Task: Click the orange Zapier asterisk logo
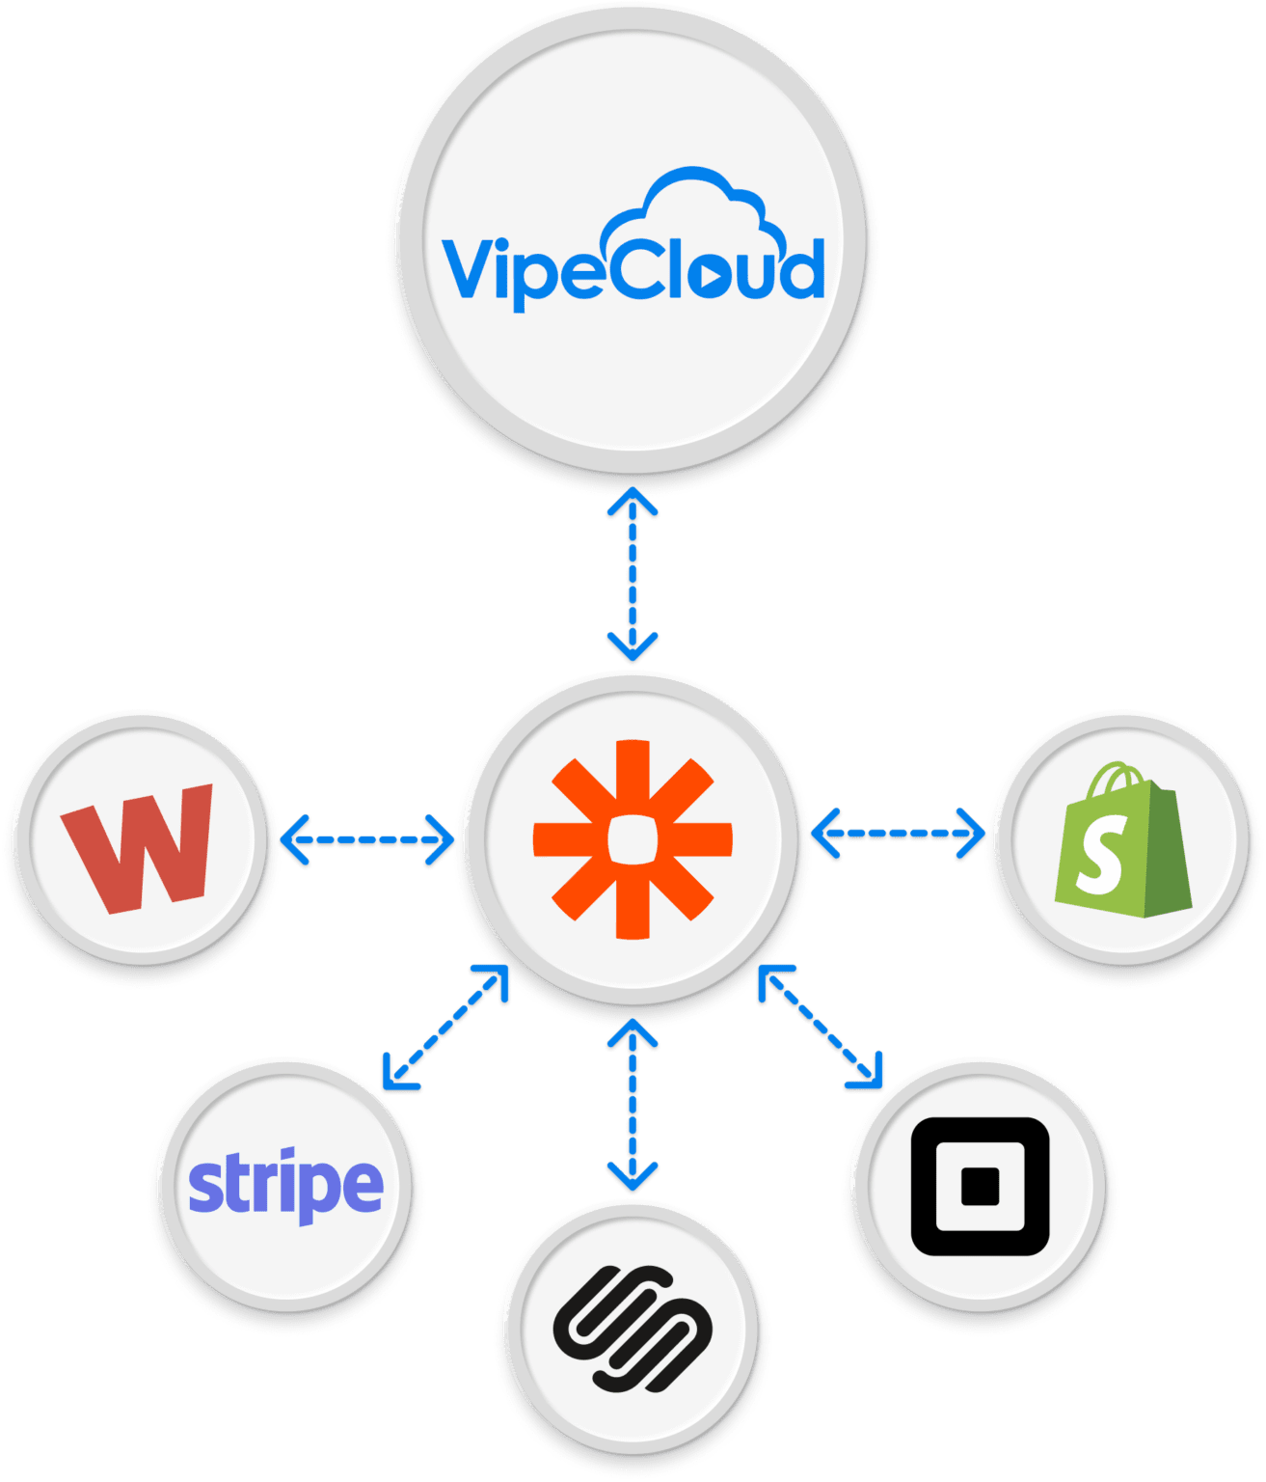[x=633, y=838]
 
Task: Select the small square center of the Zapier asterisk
[x=633, y=838]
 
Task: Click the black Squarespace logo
[x=633, y=1329]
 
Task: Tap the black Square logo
[x=980, y=1187]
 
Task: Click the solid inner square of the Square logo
[x=980, y=1187]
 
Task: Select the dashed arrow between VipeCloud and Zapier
[x=633, y=575]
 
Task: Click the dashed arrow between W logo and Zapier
[x=367, y=839]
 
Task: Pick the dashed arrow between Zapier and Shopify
[x=899, y=832]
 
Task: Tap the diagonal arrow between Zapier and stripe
[x=445, y=1028]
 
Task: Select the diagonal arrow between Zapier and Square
[x=821, y=1028]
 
